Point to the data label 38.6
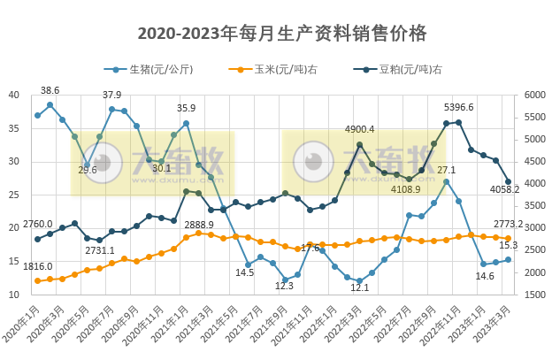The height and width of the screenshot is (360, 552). tap(50, 90)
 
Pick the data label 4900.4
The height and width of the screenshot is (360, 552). tap(359, 129)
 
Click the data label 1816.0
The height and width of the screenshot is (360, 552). tap(38, 266)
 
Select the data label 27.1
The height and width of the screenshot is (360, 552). tap(447, 170)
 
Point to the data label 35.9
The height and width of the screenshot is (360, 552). tap(186, 109)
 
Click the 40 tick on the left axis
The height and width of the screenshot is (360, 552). tap(14, 96)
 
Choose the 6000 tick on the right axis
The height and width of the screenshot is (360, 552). tap(535, 96)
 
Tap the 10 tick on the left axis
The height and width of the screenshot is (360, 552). tap(14, 294)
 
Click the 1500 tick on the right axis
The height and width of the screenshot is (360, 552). tap(535, 294)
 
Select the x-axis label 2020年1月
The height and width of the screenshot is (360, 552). tap(27, 324)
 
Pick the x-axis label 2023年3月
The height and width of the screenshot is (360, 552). tap(497, 324)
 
